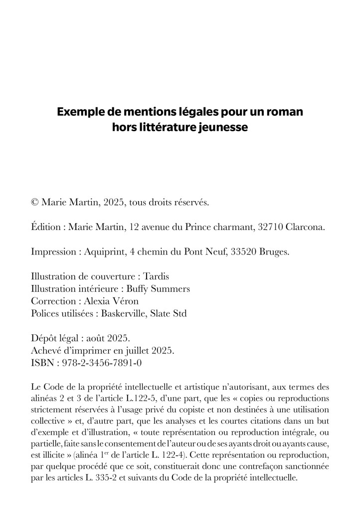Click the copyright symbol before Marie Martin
[x=35, y=203]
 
